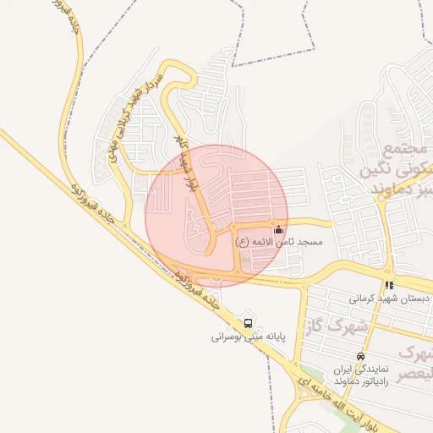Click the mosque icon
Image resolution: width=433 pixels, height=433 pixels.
279,229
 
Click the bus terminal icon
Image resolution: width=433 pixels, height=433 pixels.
248,322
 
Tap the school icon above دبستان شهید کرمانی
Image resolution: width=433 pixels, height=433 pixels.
389,285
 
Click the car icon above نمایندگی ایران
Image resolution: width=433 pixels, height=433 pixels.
361,356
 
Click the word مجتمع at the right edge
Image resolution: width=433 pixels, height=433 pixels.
402,150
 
